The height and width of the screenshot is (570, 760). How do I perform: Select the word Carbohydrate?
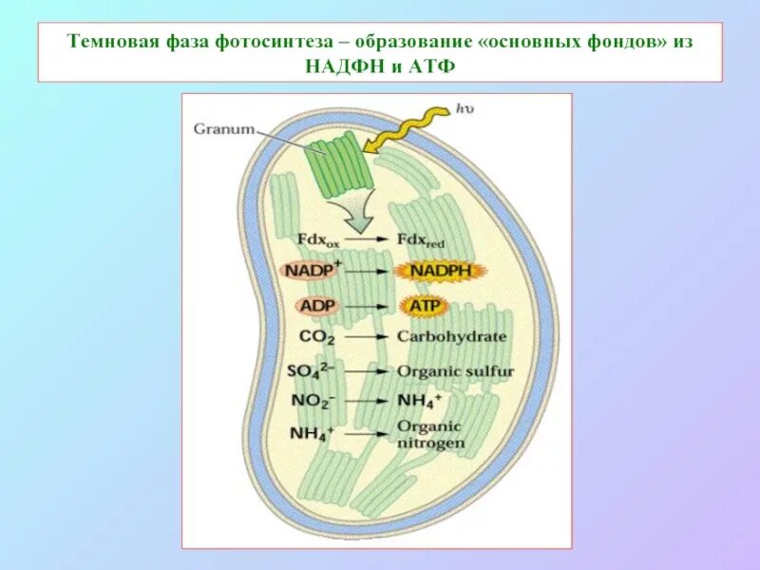[x=451, y=337]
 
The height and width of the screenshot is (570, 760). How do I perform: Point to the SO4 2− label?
[x=317, y=370]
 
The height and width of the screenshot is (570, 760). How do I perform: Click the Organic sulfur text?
[x=453, y=371]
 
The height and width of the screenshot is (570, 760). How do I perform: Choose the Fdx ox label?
[x=317, y=239]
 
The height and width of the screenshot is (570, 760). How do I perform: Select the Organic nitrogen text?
[x=430, y=434]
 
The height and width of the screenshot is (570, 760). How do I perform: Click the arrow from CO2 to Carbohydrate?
[x=366, y=337]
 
